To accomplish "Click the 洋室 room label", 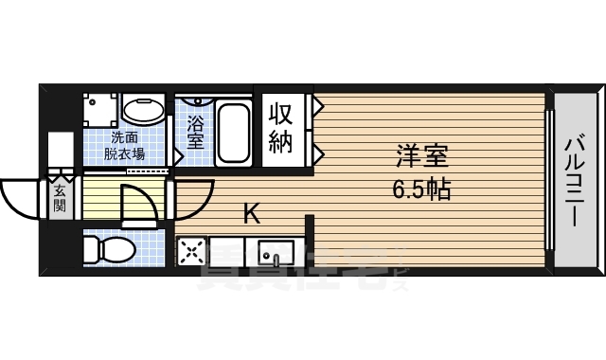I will coord(422,154).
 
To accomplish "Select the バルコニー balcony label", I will coord(574,181).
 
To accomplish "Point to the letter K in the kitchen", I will coord(252,213).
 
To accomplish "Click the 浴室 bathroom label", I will coord(196,132).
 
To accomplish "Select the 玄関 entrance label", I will coord(61,195).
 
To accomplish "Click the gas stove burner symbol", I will coord(193,253).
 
